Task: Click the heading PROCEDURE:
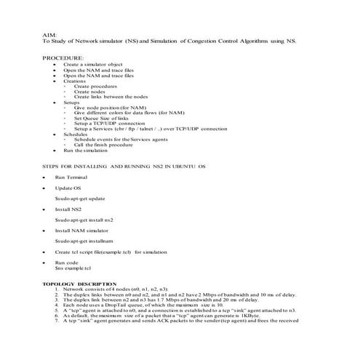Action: click(63, 57)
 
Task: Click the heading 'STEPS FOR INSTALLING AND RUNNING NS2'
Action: click(124, 167)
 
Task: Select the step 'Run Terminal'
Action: click(71, 177)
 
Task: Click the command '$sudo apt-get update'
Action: click(80, 199)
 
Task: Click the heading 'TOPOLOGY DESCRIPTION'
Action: click(79, 283)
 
